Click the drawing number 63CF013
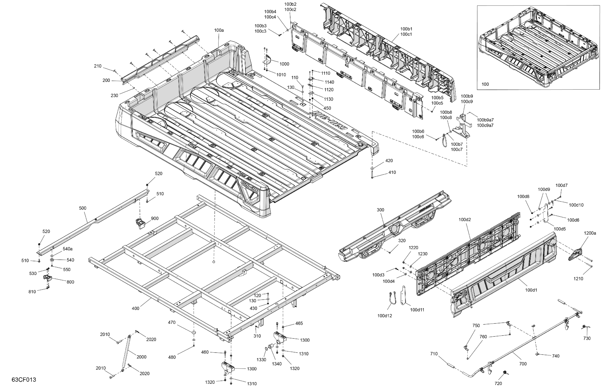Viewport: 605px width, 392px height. point(24,380)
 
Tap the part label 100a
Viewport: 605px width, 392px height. point(219,30)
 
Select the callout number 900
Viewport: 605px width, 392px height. point(155,219)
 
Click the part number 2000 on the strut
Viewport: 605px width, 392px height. point(141,357)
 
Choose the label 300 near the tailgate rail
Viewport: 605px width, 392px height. point(380,210)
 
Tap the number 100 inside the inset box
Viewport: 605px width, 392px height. point(485,84)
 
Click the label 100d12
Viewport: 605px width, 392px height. point(385,316)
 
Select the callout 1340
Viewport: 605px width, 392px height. point(277,364)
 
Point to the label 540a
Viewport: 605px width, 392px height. point(67,249)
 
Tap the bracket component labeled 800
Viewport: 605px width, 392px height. point(47,278)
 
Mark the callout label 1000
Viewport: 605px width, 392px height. point(284,64)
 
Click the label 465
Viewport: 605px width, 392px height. point(299,324)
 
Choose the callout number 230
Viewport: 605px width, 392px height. point(114,95)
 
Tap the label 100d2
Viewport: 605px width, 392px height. point(465,220)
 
